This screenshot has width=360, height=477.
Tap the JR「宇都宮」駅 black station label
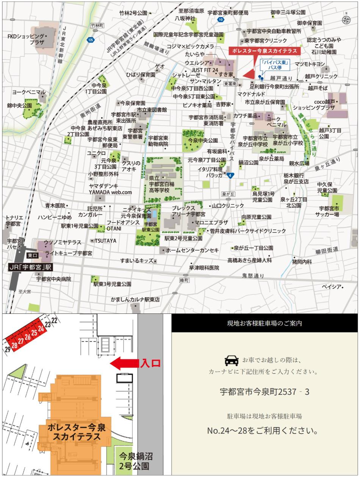point(30,267)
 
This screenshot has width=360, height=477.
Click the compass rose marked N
point(346,20)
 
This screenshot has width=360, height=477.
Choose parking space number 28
point(14,344)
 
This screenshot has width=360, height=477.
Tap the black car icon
point(232,360)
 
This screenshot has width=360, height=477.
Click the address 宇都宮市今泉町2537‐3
point(265,392)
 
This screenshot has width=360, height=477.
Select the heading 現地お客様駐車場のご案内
point(265,323)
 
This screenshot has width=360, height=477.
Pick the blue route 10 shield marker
point(221,20)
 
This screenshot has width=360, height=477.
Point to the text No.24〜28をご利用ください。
point(265,431)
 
